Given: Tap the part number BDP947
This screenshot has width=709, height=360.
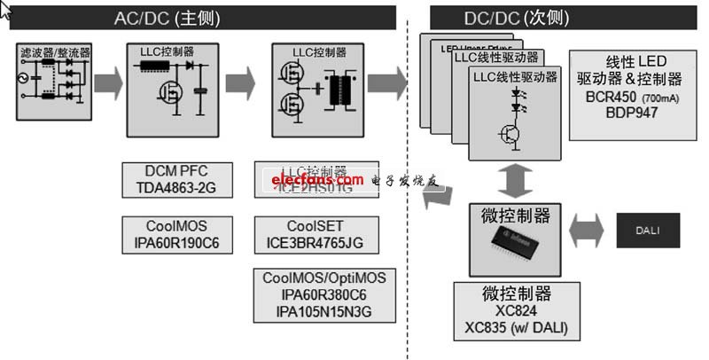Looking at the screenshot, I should pyautogui.click(x=629, y=113).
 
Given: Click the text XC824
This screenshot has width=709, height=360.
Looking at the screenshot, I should pyautogui.click(x=517, y=313).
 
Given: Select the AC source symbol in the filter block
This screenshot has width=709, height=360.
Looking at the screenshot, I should pyautogui.click(x=29, y=88).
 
